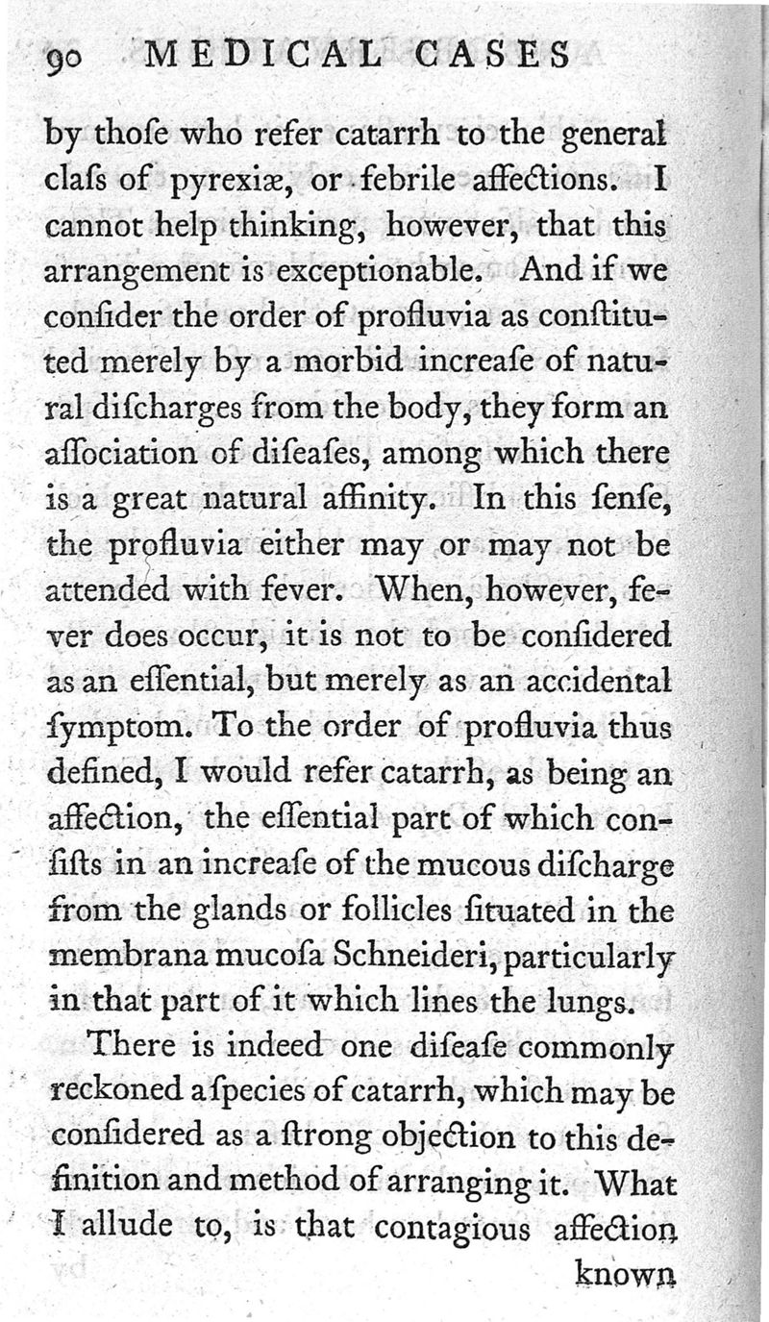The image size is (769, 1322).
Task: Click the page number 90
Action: pyautogui.click(x=68, y=60)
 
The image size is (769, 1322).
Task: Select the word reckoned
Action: pyautogui.click(x=116, y=1092)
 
